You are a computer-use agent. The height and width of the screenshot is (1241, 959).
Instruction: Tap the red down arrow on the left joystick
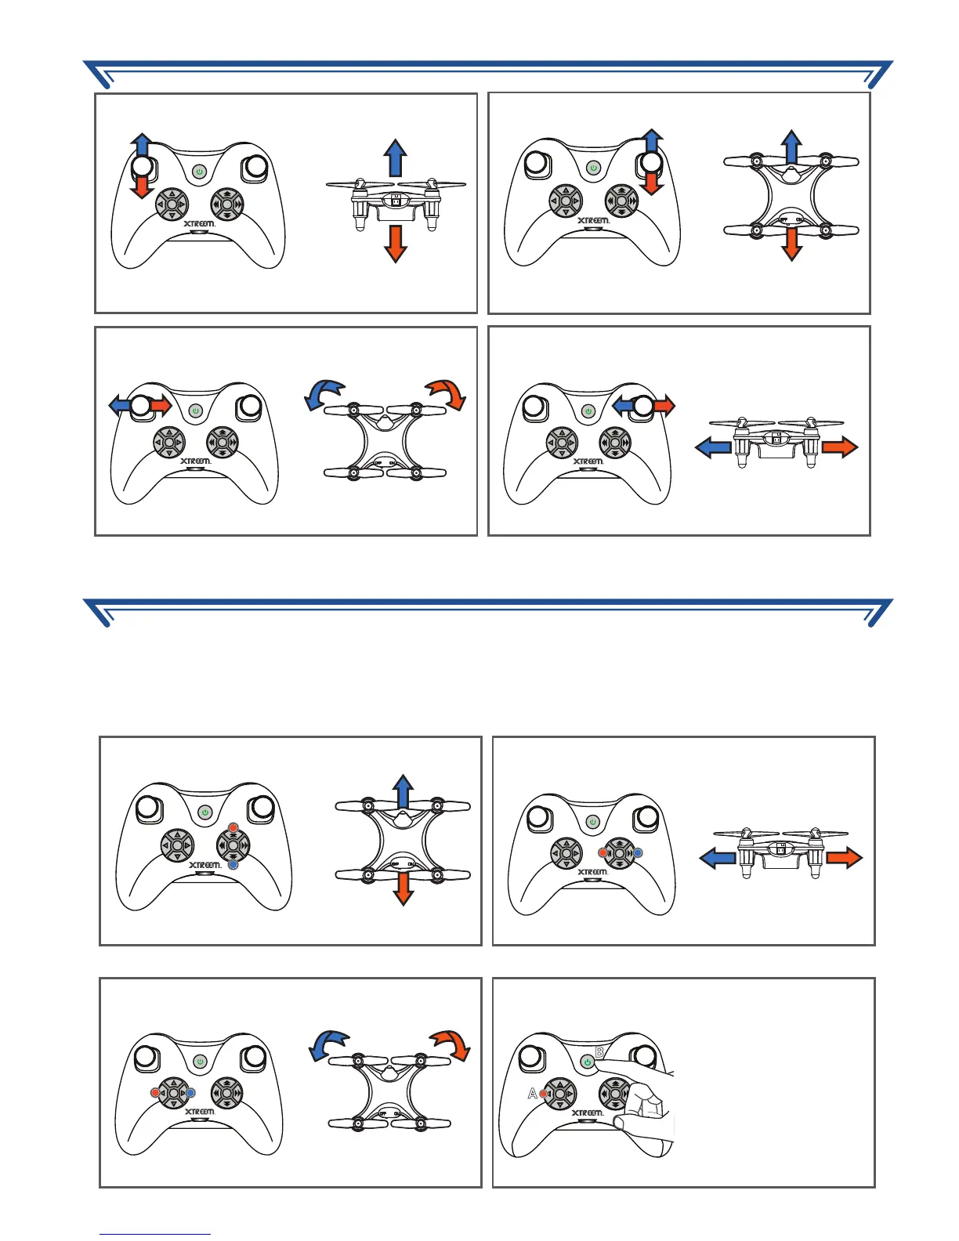141,187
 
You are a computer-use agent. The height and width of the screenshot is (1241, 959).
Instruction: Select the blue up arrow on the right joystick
652,141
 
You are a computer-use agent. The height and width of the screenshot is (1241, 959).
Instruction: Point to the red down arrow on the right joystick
652,184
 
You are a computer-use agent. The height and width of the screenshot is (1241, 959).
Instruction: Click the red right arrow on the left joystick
161,405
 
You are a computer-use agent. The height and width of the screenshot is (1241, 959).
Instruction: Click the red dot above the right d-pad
233,828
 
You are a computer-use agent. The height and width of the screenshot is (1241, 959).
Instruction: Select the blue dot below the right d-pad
233,864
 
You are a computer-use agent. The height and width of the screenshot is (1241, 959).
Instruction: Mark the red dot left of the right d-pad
602,852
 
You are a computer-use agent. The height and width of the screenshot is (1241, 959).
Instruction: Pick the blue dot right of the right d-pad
638,852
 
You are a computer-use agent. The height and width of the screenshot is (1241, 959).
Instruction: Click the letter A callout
533,1094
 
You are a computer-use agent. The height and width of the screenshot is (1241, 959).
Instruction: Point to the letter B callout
599,1052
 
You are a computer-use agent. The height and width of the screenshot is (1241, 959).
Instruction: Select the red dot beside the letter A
543,1094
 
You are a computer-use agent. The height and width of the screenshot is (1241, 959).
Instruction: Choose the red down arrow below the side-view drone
396,244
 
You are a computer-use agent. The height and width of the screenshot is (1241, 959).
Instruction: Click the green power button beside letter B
588,1062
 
